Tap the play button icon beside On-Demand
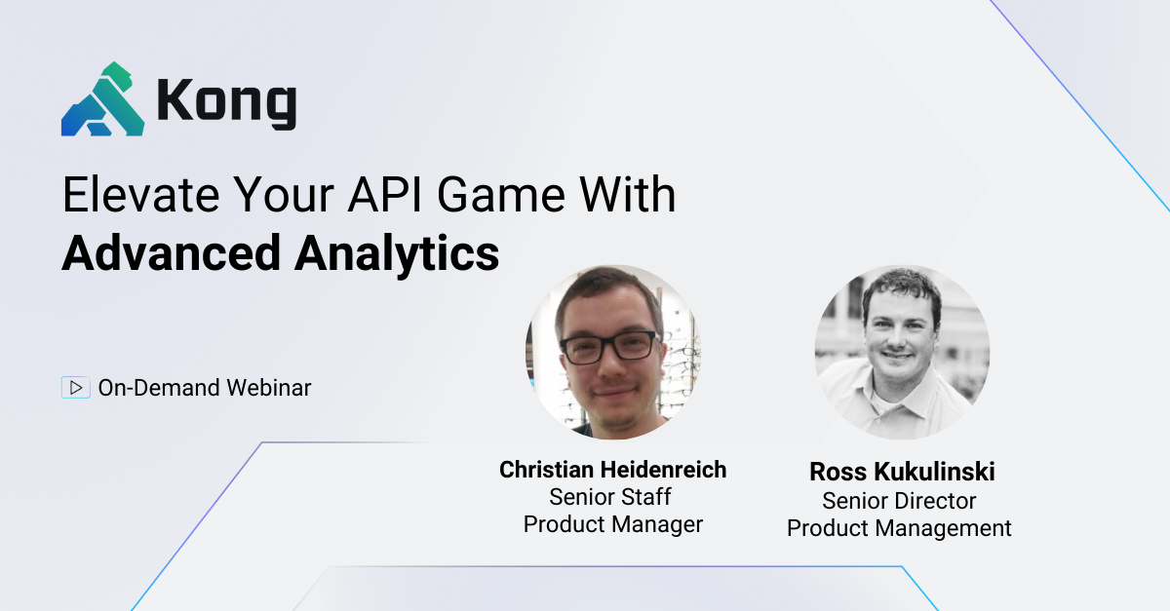(x=75, y=388)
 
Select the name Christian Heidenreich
(x=612, y=470)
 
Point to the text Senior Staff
(x=610, y=497)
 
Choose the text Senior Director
(x=899, y=501)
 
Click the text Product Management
(x=899, y=528)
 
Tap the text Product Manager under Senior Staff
(x=612, y=524)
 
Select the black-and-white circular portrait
(x=902, y=352)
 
